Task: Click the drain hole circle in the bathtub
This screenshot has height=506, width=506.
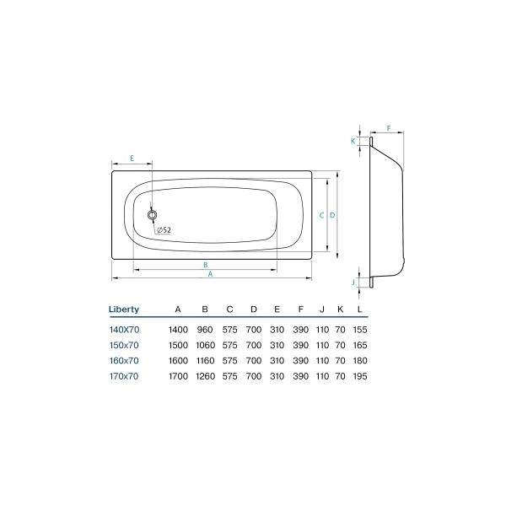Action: point(153,215)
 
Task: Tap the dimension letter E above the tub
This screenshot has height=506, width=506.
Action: point(132,158)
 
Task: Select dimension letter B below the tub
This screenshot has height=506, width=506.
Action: point(206,265)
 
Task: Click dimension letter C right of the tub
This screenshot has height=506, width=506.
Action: point(322,215)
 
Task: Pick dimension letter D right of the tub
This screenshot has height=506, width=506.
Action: point(334,215)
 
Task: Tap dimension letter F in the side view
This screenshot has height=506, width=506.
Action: point(389,128)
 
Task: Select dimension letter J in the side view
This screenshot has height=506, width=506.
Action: point(353,281)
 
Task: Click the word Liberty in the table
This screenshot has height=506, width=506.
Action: point(124,310)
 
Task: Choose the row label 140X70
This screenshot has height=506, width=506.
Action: point(124,329)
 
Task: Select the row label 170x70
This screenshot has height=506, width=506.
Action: point(124,376)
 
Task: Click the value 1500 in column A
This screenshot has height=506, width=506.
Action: point(177,345)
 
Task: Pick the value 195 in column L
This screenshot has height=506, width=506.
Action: point(362,376)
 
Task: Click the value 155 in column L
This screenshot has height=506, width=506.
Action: point(362,329)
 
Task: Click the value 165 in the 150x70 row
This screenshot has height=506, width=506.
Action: point(362,345)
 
